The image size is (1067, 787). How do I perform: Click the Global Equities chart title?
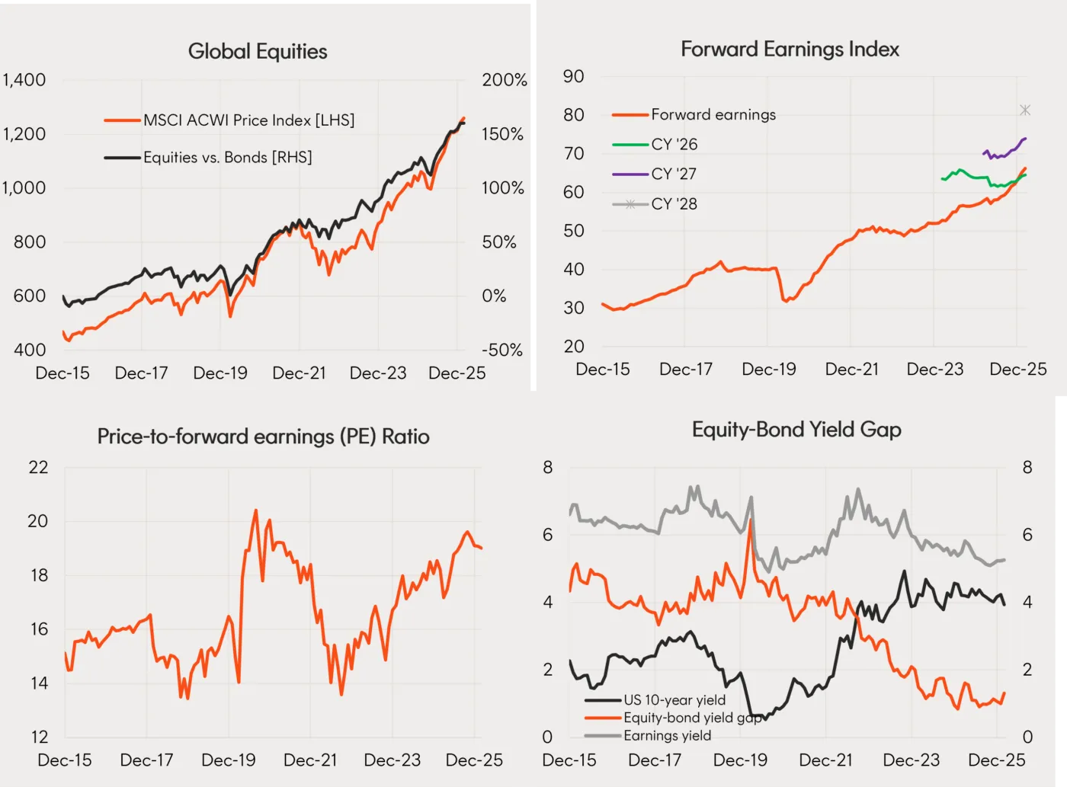tap(258, 51)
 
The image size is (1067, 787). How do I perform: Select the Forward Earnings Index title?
tap(790, 50)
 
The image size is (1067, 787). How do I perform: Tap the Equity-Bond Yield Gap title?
tap(796, 430)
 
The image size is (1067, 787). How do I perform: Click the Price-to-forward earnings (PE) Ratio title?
tap(263, 437)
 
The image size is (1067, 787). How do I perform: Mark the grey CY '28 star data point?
tap(1025, 110)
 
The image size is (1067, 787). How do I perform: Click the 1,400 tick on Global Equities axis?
tap(24, 80)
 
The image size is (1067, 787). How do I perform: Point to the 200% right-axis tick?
tap(504, 80)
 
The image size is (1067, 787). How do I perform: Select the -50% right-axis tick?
tap(502, 350)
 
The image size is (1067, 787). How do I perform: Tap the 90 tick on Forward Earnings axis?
tap(573, 76)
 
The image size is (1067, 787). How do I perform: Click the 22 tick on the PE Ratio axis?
tap(38, 467)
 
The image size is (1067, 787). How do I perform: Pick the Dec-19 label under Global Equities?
tap(220, 373)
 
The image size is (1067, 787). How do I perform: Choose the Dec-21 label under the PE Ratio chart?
tap(310, 760)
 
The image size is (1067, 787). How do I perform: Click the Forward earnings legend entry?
tap(713, 114)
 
